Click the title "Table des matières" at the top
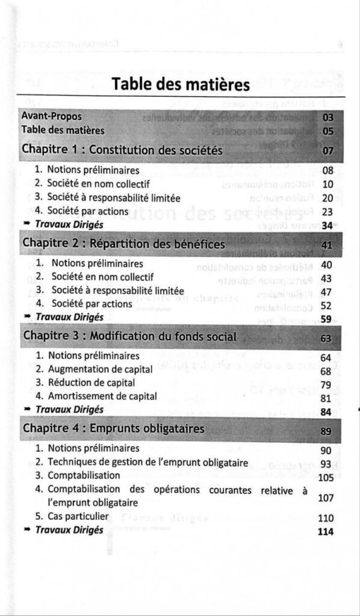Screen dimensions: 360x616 point(181,85)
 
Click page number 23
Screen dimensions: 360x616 point(328,211)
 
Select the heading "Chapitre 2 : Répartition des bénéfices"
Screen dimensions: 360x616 point(123,244)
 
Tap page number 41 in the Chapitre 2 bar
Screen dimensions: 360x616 point(327,245)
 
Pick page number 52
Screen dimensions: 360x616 point(327,306)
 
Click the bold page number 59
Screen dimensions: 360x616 point(327,319)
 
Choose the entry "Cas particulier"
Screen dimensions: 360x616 point(78,516)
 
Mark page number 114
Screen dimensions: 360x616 point(325,531)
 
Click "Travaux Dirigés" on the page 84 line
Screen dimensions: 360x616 point(69,410)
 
